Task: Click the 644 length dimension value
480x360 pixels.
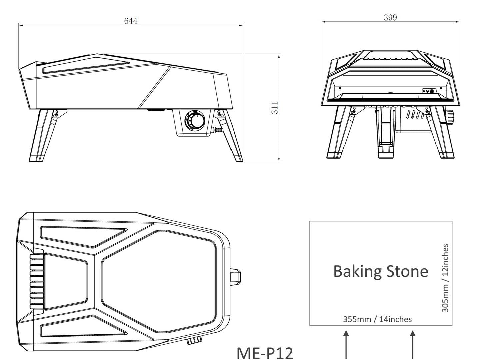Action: [131, 21]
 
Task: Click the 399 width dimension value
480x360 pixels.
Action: [390, 17]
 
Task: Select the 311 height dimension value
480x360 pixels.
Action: [275, 108]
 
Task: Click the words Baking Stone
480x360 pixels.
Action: [381, 271]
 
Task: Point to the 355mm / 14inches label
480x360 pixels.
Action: [377, 319]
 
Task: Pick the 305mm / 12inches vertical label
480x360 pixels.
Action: [445, 278]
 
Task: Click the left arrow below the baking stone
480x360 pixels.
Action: [346, 345]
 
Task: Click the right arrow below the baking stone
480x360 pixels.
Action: [413, 345]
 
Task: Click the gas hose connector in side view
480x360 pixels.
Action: [217, 130]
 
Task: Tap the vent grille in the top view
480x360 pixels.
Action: [37, 281]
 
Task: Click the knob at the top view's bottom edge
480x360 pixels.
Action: [194, 340]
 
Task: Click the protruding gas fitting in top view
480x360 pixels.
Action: [235, 276]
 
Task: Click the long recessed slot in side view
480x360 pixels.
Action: [85, 68]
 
